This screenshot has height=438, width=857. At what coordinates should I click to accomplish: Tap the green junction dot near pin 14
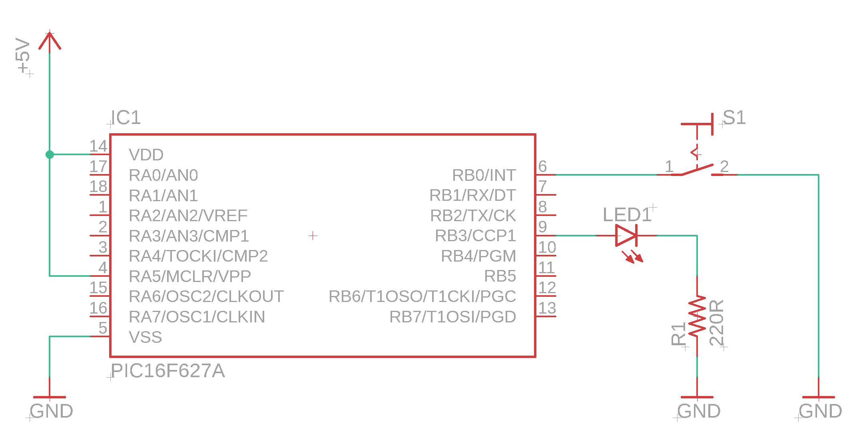[50, 154]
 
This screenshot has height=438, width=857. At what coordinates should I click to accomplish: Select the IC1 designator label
[126, 118]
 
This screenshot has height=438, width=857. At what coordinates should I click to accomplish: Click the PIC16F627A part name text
[167, 371]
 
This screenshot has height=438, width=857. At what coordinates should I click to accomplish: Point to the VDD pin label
[146, 155]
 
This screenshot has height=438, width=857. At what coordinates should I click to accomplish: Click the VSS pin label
[145, 337]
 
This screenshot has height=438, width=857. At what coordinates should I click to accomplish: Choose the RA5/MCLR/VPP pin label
[189, 276]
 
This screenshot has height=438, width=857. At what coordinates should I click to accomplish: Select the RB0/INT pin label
[484, 175]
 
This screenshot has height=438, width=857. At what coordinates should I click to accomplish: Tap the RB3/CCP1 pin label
[475, 236]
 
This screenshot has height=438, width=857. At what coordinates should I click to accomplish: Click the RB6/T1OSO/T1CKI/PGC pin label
[422, 296]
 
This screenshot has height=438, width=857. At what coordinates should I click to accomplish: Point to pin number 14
[98, 146]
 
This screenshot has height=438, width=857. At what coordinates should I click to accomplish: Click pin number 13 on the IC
[547, 308]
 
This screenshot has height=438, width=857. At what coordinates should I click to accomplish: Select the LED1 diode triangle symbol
[626, 235]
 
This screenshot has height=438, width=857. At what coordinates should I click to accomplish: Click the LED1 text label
[627, 215]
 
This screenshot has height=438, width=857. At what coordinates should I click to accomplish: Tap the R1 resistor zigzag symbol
[697, 316]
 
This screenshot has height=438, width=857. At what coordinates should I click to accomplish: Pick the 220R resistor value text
[716, 322]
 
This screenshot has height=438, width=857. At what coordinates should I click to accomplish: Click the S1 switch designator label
[734, 118]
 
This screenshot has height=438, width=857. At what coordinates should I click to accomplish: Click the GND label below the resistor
[699, 411]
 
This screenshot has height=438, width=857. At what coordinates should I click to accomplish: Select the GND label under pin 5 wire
[51, 411]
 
